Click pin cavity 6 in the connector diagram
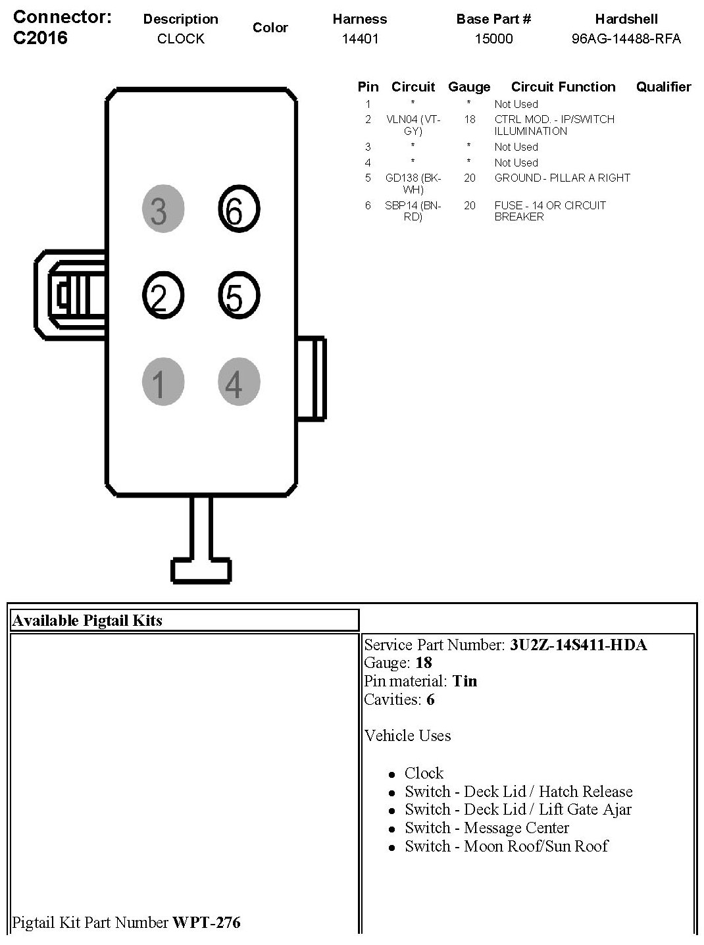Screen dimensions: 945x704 pyautogui.click(x=239, y=210)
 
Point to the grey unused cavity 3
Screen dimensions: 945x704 pyautogui.click(x=163, y=210)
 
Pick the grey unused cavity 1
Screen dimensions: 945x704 pyautogui.click(x=163, y=382)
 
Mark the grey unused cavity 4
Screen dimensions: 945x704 pyautogui.click(x=239, y=382)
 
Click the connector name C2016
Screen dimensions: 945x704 pyautogui.click(x=40, y=38)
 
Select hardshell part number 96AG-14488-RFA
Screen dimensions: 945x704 pyautogui.click(x=626, y=39)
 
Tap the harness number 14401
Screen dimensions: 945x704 pyautogui.click(x=360, y=39)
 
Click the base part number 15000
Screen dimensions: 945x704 pyautogui.click(x=493, y=39)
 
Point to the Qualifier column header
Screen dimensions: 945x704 pyautogui.click(x=663, y=87)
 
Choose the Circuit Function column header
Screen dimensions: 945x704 pyautogui.click(x=563, y=87)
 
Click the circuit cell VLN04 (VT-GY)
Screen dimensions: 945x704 pyautogui.click(x=413, y=125)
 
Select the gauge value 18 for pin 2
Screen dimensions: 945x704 pyautogui.click(x=469, y=120)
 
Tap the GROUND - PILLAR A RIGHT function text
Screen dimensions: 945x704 pyautogui.click(x=562, y=178)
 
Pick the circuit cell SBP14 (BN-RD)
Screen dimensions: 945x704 pyautogui.click(x=413, y=211)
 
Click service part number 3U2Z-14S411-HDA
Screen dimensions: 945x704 pyautogui.click(x=578, y=645)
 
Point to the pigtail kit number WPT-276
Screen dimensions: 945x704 pyautogui.click(x=207, y=923)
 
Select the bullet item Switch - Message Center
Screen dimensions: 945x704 pyautogui.click(x=486, y=828)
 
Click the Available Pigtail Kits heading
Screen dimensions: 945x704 pyautogui.click(x=88, y=621)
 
